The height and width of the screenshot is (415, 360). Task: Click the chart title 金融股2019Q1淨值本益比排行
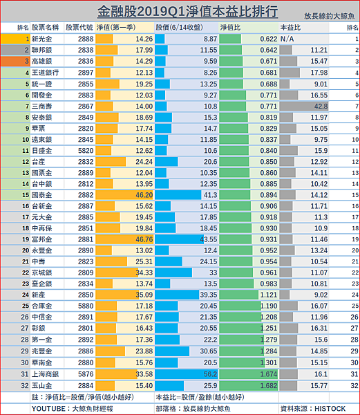coord(187,12)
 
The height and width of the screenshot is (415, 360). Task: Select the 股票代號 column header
coord(79,28)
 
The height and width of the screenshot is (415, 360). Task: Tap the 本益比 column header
coord(290,28)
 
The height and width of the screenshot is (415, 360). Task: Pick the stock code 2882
coord(86,195)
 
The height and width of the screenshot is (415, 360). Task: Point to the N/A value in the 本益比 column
coord(287,39)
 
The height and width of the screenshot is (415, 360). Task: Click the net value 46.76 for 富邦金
coord(144,239)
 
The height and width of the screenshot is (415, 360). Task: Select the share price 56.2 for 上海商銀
coord(210,374)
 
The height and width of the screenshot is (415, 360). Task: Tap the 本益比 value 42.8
coord(321,106)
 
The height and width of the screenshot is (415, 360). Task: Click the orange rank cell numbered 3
coord(15,61)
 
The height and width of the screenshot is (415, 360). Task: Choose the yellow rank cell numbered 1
coord(15,39)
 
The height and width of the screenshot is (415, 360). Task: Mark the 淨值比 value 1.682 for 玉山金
coord(269,386)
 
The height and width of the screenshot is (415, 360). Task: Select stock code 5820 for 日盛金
coord(86,151)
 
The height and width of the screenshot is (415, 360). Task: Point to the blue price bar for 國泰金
coord(178,195)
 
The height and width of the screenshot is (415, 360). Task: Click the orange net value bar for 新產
coord(117,295)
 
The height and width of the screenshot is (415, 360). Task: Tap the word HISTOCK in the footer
coord(330,409)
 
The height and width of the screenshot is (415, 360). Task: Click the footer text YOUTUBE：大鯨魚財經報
coord(72,409)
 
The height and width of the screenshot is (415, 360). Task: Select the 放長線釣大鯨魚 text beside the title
coord(329,16)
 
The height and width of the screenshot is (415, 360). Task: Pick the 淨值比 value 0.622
coord(269,39)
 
